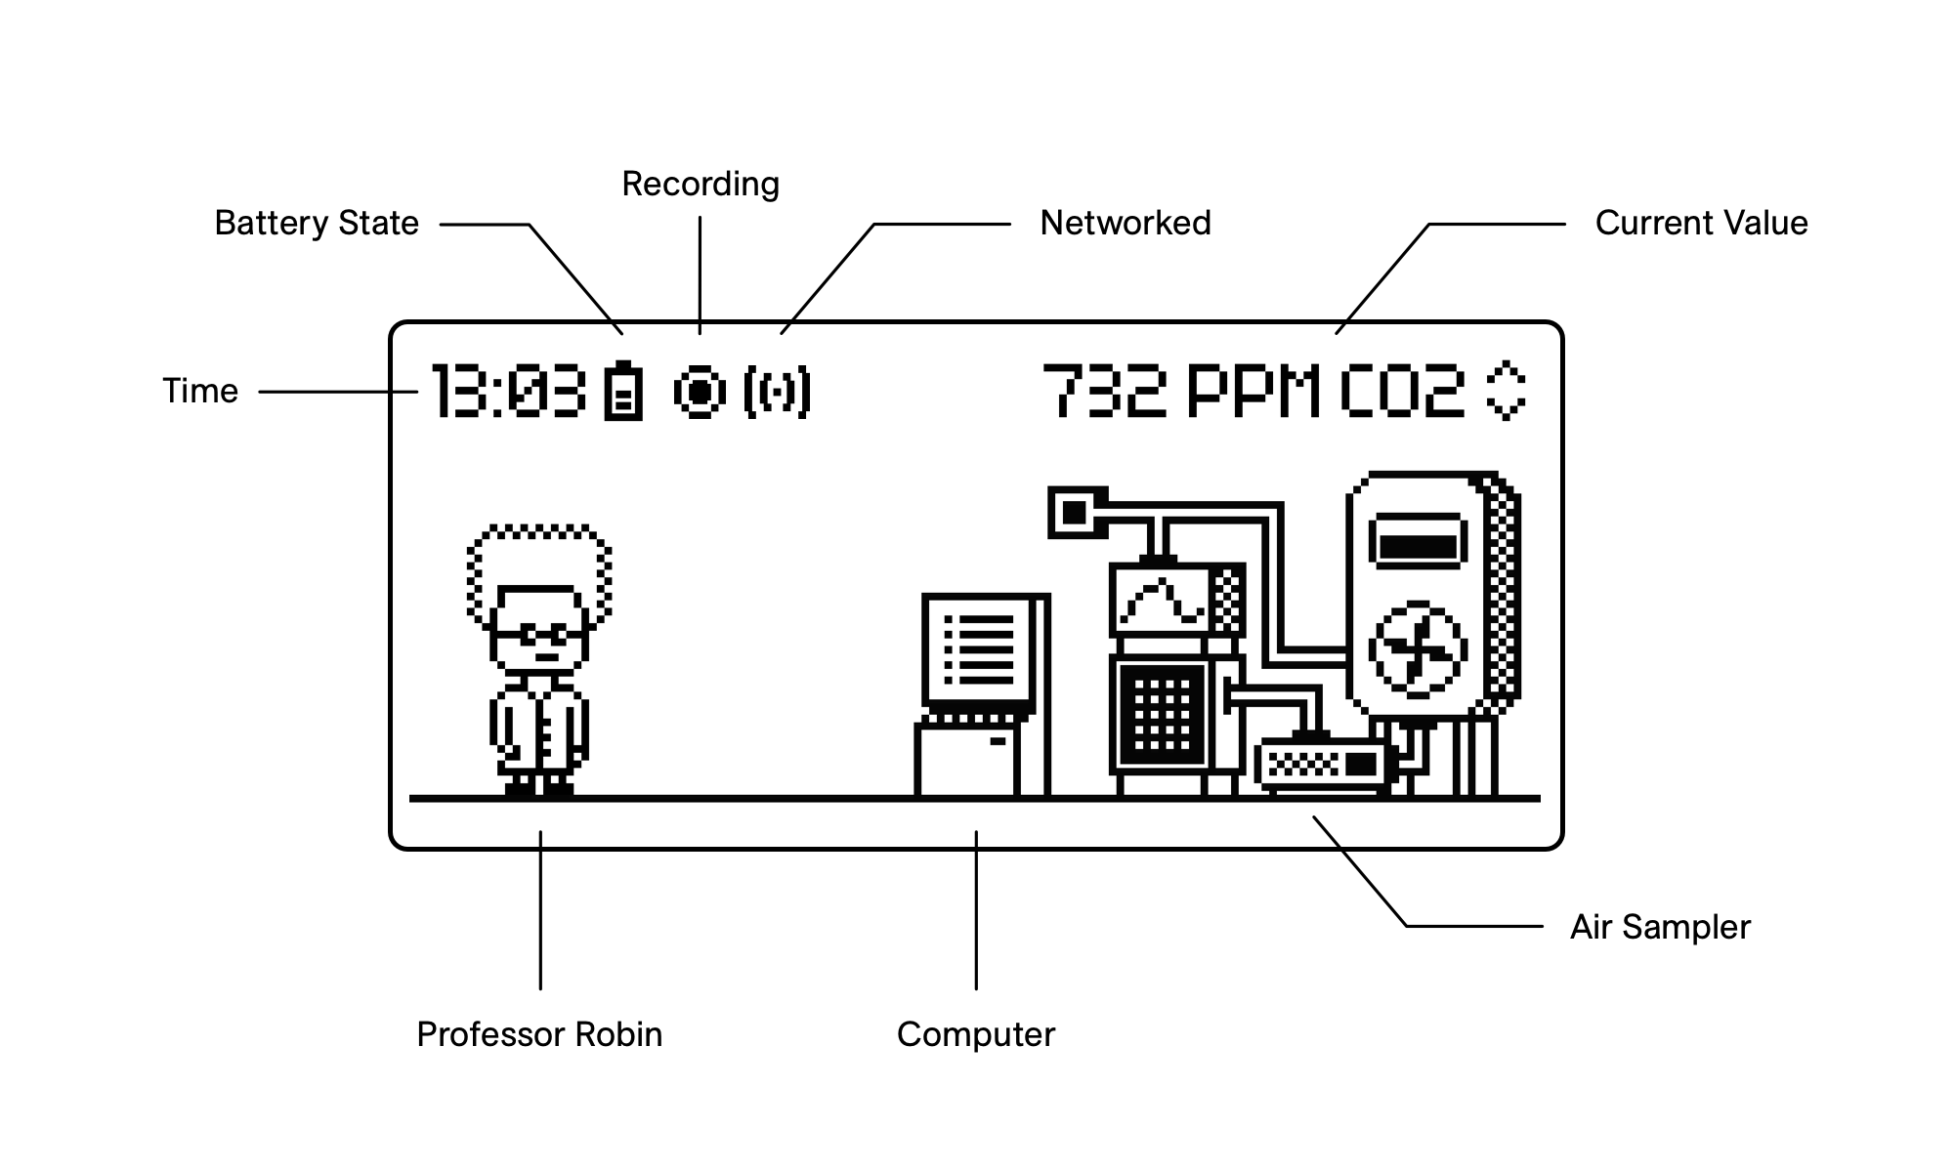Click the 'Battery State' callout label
point(317,224)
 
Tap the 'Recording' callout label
point(701,185)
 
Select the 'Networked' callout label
point(1125,224)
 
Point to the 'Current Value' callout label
point(1701,224)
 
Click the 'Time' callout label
point(200,392)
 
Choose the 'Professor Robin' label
point(539,1034)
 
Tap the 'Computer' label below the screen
point(976,1034)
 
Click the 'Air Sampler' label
point(1660,927)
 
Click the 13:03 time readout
point(509,392)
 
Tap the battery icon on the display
point(623,392)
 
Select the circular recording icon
point(700,392)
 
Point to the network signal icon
point(777,392)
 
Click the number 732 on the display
point(1105,392)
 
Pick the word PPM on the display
point(1253,392)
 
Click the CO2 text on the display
point(1402,392)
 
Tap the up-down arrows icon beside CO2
point(1506,392)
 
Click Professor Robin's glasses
point(540,634)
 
